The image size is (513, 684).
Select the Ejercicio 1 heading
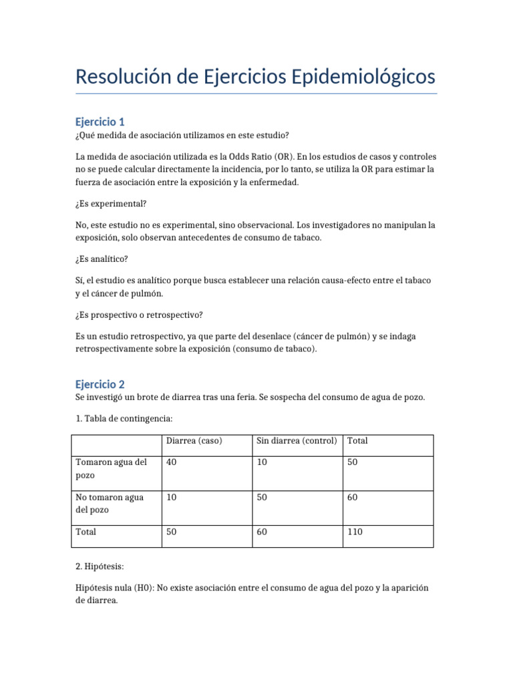click(x=100, y=122)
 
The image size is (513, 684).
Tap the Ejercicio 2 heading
click(x=100, y=384)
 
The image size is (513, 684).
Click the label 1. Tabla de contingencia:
click(x=124, y=419)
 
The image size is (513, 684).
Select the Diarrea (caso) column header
click(x=194, y=441)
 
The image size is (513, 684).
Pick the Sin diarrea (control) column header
click(x=296, y=441)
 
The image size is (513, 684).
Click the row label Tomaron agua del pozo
click(x=111, y=470)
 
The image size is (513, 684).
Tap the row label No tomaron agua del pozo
click(x=110, y=504)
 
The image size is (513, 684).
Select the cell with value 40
click(x=172, y=463)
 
